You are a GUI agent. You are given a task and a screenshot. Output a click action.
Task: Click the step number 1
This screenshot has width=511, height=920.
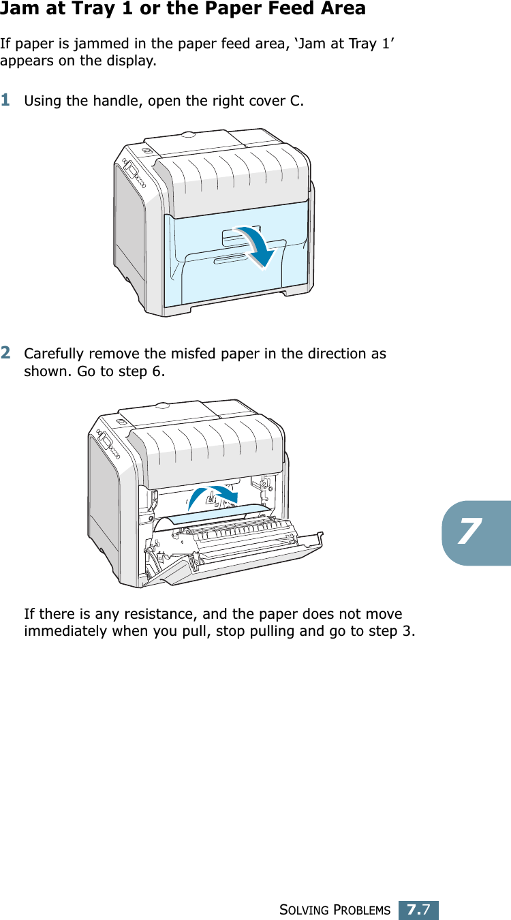[x=5, y=100]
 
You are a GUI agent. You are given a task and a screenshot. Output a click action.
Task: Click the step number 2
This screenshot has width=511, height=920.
[x=5, y=352]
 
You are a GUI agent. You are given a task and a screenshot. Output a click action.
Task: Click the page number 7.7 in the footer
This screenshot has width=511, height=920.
[x=418, y=910]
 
